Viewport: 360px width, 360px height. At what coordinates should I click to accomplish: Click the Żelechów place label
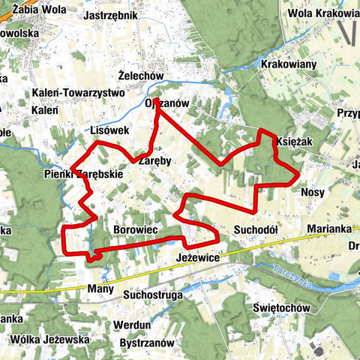[141, 76]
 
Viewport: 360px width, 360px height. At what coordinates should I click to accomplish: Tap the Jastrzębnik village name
[112, 15]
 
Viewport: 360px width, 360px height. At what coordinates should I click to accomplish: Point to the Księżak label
[294, 141]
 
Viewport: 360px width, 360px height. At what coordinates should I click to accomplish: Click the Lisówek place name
[109, 130]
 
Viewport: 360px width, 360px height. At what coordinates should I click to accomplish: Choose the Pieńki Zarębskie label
[83, 175]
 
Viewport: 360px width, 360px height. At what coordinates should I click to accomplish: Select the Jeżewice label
[198, 256]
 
